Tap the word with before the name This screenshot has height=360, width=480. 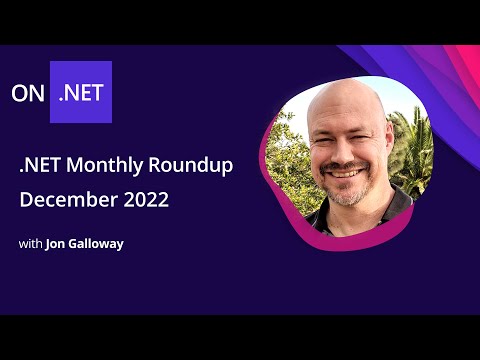(30, 243)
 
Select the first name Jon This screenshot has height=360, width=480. (57, 243)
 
